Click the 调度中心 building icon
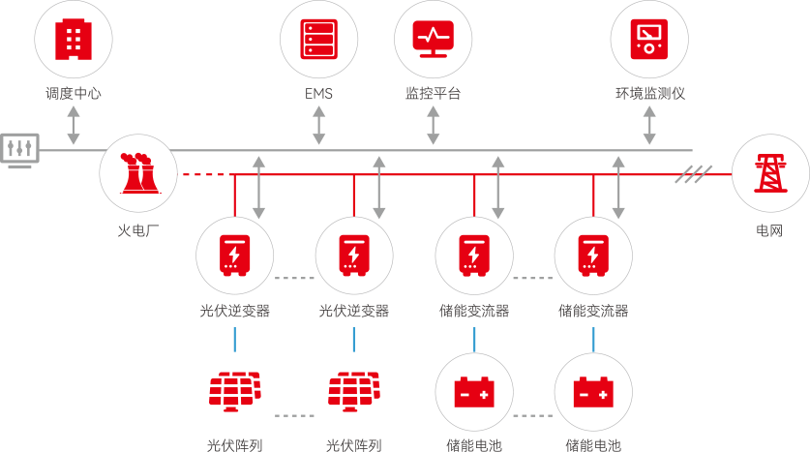point(74,40)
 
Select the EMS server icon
point(319,40)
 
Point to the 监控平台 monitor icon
point(434,40)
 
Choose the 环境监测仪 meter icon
point(649,40)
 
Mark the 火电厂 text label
point(136,231)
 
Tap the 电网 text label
point(769,231)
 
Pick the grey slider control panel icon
point(18,149)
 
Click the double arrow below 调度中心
point(74,126)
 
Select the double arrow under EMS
point(319,126)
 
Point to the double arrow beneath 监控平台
point(434,126)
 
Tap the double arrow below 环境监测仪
point(649,126)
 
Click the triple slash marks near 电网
point(693,175)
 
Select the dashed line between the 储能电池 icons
point(533,414)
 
